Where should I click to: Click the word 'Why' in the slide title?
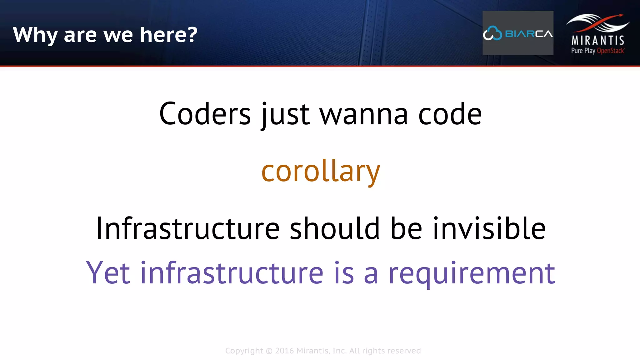(x=35, y=35)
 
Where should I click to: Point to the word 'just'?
(x=285, y=114)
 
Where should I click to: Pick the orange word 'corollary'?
(x=321, y=171)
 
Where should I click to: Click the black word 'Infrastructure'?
(x=187, y=228)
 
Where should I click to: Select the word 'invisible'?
(x=489, y=228)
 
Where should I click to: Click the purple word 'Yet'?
(x=108, y=273)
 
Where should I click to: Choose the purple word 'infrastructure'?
(x=232, y=273)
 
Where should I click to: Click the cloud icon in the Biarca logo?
(x=492, y=33)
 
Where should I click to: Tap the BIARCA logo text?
(x=529, y=34)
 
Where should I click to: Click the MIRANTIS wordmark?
(x=598, y=40)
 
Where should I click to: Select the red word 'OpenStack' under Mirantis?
(x=611, y=51)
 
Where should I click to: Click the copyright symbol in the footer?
(x=269, y=351)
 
